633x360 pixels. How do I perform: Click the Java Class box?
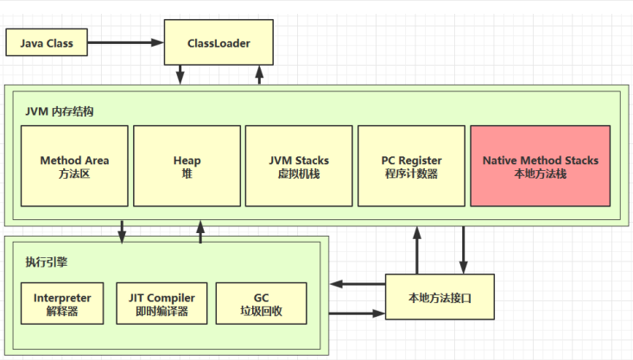tap(45, 42)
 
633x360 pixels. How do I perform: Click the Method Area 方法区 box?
tap(74, 166)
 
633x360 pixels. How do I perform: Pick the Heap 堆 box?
tap(187, 166)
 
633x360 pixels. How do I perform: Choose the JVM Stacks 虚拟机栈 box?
tap(299, 166)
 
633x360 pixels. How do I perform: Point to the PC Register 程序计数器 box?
tap(411, 166)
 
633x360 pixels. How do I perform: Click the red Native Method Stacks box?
tap(540, 166)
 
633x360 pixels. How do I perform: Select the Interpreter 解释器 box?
tap(62, 304)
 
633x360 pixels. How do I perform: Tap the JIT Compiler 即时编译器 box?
tap(161, 304)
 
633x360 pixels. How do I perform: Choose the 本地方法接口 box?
tap(440, 297)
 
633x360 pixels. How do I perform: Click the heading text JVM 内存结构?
tap(60, 112)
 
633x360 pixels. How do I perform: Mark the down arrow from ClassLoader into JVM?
tap(181, 75)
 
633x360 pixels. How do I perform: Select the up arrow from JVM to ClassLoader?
tap(257, 75)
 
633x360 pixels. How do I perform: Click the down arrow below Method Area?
tap(122, 231)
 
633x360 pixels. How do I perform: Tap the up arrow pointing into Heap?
tap(200, 231)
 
